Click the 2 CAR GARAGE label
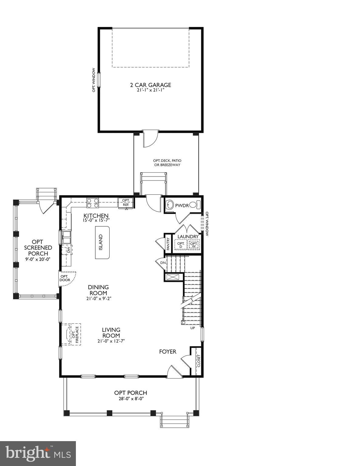[150, 85]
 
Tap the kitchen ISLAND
[102, 242]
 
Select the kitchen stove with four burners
[93, 203]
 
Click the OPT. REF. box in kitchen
[126, 203]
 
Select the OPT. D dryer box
[181, 245]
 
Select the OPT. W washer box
[194, 245]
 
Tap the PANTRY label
[168, 244]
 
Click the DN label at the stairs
[163, 263]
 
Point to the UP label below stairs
[192, 328]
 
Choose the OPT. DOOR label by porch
[64, 278]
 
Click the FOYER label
[168, 352]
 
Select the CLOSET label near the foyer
[199, 361]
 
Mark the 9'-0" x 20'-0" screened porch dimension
[38, 259]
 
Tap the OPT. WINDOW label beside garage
[94, 80]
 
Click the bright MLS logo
[38, 453]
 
